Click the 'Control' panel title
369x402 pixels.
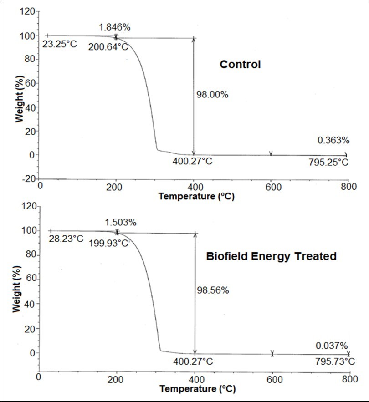pyautogui.click(x=240, y=65)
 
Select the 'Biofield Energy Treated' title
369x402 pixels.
pyautogui.click(x=271, y=256)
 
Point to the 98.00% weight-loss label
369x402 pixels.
pyautogui.click(x=212, y=95)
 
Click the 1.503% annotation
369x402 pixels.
pyautogui.click(x=120, y=222)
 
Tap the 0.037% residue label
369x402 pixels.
pyautogui.click(x=332, y=346)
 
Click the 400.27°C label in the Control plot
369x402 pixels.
pyautogui.click(x=193, y=161)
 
